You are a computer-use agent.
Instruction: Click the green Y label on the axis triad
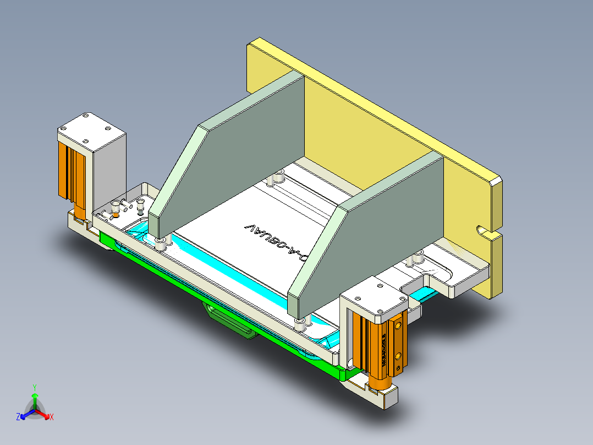35,387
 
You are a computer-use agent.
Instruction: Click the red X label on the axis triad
52,417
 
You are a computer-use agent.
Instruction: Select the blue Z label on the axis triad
18,417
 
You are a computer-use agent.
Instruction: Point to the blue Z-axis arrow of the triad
25,414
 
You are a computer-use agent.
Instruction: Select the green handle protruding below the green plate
231,322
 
